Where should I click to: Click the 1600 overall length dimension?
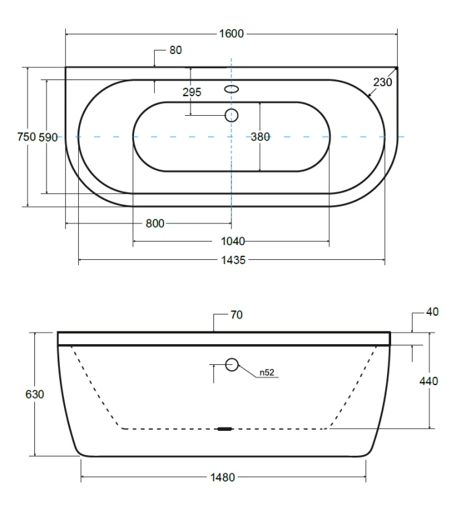[231, 34]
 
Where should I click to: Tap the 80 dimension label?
[176, 50]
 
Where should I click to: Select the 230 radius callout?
[382, 82]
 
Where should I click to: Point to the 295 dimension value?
[192, 92]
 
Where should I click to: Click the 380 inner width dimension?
[260, 137]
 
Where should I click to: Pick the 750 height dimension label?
[26, 137]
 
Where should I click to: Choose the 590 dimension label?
[48, 137]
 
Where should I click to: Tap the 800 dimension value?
[155, 223]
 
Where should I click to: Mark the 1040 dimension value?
[233, 241]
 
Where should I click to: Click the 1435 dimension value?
[234, 260]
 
